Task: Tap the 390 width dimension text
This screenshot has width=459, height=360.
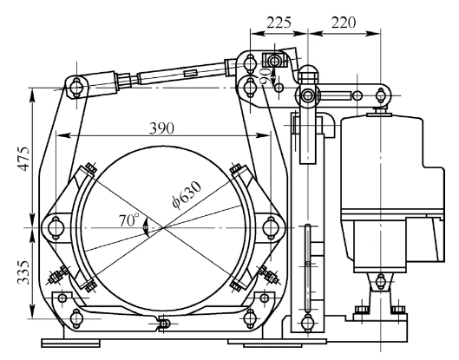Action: pos(162,127)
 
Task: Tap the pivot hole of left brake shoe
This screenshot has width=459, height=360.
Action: pos(56,226)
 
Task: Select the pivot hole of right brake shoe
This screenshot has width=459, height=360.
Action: pos(269,226)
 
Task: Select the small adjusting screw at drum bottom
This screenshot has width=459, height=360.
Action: pos(162,324)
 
